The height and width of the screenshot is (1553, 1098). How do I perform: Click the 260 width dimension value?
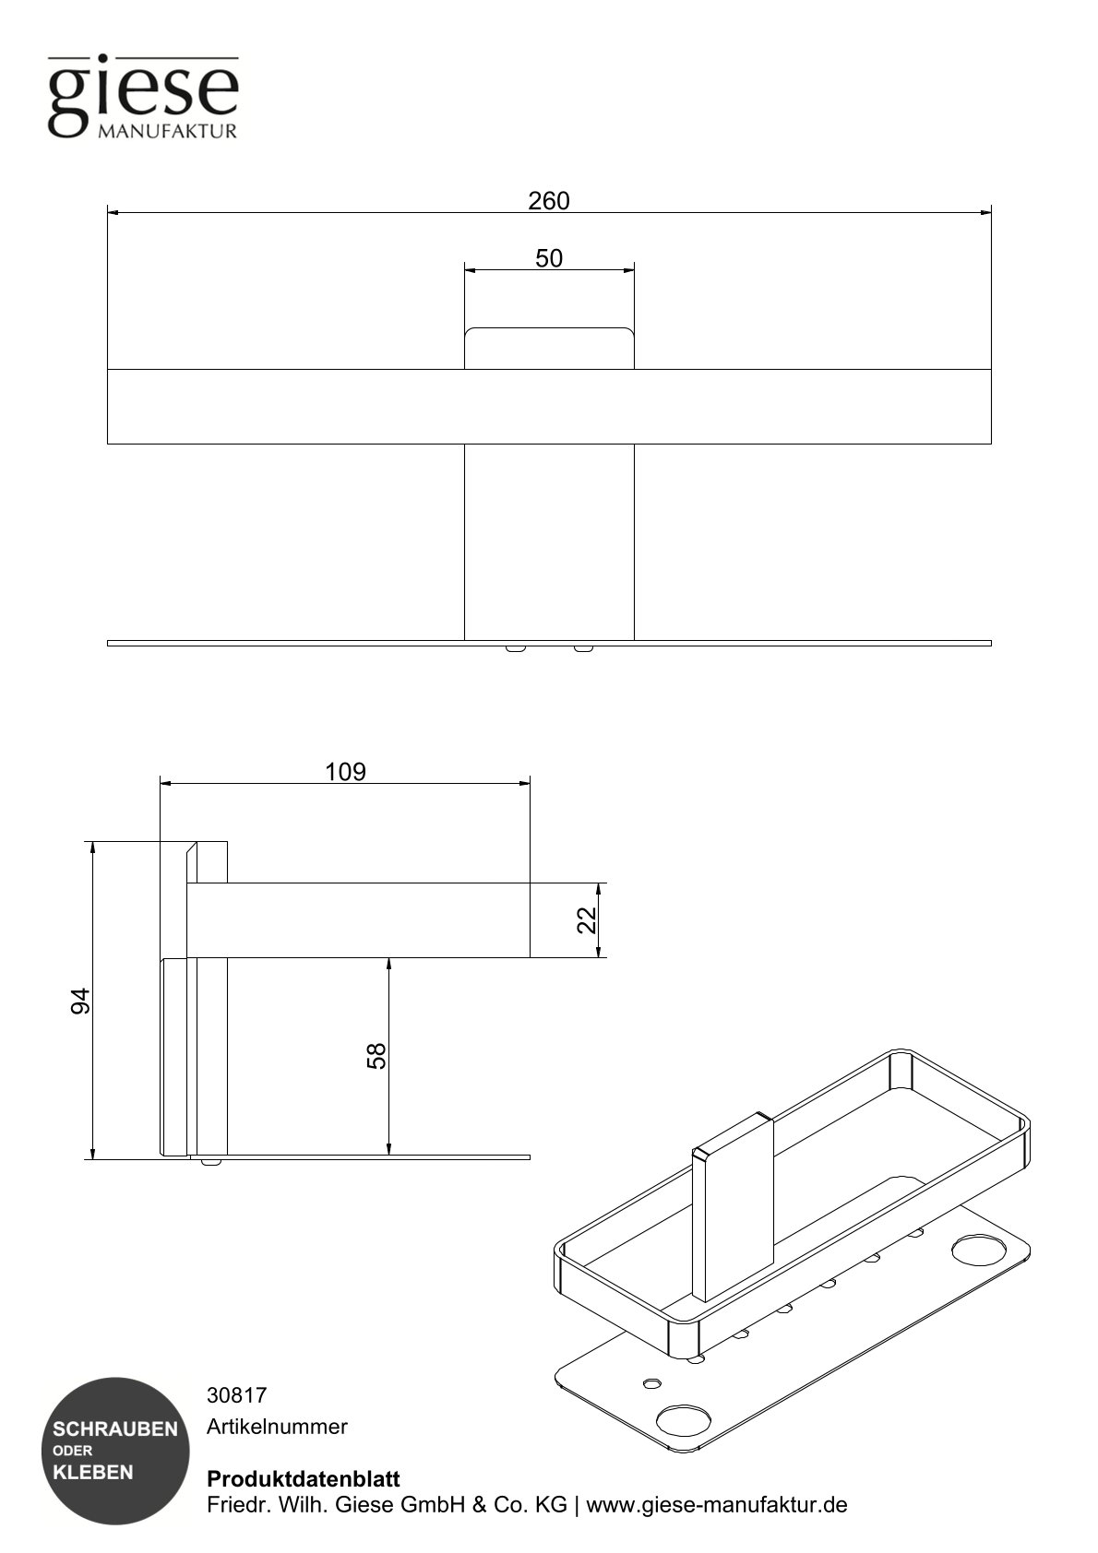click(549, 200)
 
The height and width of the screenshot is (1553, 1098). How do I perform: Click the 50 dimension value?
click(549, 258)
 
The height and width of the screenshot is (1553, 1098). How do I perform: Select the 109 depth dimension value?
click(345, 771)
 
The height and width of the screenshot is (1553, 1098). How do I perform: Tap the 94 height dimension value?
click(81, 1000)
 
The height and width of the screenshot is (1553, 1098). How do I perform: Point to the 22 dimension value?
click(587, 919)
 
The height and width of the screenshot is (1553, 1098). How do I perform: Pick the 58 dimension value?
click(376, 1055)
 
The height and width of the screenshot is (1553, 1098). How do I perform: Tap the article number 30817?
click(236, 1395)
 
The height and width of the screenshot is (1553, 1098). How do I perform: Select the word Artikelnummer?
click(277, 1427)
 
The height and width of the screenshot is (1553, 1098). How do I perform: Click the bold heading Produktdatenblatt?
click(304, 1479)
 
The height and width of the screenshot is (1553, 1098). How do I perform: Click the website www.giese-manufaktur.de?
click(717, 1505)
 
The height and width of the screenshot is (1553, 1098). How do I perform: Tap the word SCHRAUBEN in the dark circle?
click(115, 1429)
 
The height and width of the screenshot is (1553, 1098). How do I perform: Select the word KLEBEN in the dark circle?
click(93, 1472)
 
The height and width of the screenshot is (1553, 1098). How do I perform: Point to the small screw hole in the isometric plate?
click(652, 1383)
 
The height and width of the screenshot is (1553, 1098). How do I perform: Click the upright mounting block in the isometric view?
click(734, 1203)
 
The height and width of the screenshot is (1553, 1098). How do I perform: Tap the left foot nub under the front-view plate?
click(516, 648)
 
